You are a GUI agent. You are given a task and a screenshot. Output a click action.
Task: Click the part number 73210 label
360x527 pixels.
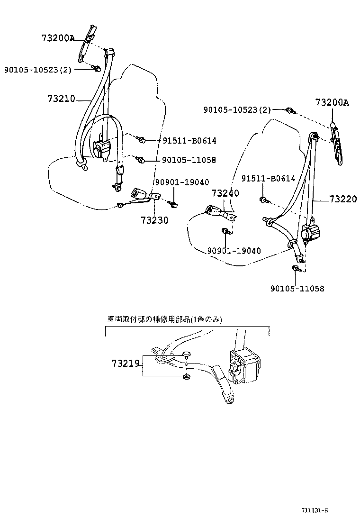coord(61,99)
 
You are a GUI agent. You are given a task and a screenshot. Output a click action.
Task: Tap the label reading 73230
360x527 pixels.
coord(154,220)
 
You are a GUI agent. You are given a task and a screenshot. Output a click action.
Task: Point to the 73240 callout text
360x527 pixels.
coord(225,193)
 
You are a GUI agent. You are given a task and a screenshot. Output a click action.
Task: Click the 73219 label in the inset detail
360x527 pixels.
coord(126,364)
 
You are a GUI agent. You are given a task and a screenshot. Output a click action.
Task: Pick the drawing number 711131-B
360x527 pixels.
coord(315,510)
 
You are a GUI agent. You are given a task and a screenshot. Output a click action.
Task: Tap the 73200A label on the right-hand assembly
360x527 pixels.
coord(332,102)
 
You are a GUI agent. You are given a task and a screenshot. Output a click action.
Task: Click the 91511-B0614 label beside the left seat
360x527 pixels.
coord(189,140)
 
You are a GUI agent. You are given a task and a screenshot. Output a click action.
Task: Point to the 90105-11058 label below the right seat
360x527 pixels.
coord(297,288)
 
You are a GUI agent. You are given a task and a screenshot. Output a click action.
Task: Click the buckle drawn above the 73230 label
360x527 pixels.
coord(138,193)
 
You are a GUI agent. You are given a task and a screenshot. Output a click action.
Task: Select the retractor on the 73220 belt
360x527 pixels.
coord(311,233)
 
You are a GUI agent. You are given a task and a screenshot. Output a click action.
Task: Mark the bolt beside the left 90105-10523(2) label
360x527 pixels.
coord(97,69)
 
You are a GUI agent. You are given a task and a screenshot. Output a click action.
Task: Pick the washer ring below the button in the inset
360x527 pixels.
coord(186,377)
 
